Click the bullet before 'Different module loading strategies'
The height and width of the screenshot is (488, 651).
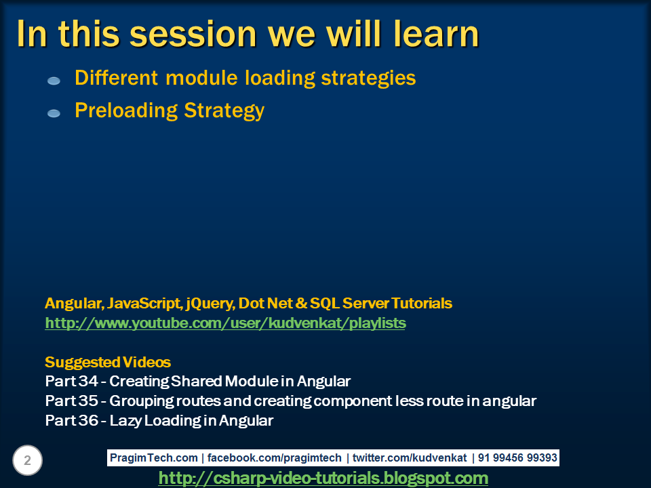[54, 81]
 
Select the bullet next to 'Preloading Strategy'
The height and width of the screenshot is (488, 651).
[54, 113]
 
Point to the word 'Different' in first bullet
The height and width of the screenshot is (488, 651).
[117, 78]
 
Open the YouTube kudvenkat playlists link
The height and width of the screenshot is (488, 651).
[225, 323]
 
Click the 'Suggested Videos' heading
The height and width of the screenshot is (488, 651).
[108, 361]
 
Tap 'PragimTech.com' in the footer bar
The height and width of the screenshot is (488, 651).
[154, 458]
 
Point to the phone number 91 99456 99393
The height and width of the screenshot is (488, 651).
[517, 458]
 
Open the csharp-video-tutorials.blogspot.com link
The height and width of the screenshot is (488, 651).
[323, 479]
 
